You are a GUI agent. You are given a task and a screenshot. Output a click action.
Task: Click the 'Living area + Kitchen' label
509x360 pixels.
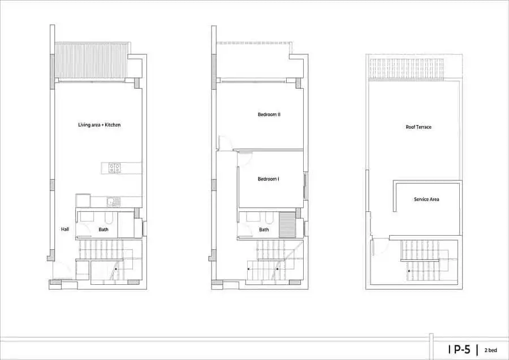tap(100, 125)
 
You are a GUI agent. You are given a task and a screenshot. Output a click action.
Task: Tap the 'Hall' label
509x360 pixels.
tap(65, 229)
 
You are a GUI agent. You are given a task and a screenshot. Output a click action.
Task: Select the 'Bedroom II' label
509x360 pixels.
tap(269, 115)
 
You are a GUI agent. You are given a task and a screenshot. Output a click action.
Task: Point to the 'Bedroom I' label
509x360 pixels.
tap(269, 179)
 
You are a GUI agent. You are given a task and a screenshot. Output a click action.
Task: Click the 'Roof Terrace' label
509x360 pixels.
tap(419, 127)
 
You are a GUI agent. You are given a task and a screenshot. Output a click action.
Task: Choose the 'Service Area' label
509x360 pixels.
tap(426, 199)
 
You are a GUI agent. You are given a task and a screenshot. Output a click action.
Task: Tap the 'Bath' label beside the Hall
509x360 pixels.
tap(103, 229)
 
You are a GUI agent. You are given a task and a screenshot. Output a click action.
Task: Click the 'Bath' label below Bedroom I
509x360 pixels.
tap(264, 229)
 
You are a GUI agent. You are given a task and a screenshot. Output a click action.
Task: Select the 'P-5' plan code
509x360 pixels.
tap(462, 350)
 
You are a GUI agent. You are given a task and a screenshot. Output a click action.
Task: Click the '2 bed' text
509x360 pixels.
tap(491, 350)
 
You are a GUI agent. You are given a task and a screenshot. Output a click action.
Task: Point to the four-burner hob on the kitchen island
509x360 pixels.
tap(115, 168)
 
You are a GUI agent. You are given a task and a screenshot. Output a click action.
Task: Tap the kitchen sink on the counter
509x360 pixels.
tap(114, 202)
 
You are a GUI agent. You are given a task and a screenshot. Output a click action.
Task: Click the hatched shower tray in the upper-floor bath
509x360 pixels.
tap(287, 225)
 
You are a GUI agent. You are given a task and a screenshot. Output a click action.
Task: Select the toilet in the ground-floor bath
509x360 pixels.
tap(109, 218)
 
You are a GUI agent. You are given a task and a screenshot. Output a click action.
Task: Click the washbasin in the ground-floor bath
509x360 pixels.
tap(87, 217)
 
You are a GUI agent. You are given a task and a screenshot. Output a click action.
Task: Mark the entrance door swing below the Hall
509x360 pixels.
tap(62, 270)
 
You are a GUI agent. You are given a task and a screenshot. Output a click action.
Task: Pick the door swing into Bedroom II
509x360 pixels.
tap(225, 143)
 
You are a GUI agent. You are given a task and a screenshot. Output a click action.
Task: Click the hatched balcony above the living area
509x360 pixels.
tap(91, 60)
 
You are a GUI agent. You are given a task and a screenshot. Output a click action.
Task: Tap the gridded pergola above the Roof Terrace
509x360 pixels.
tap(407, 70)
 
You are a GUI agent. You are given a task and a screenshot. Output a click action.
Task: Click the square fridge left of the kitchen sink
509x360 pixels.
tap(83, 201)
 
